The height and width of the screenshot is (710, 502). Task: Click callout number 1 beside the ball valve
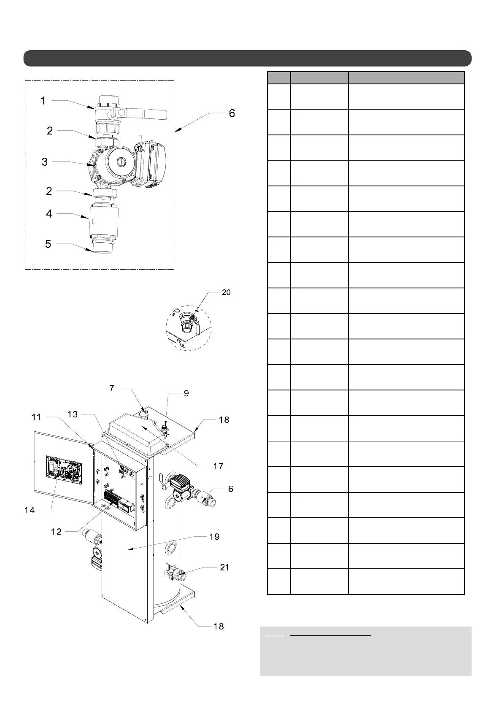click(x=43, y=101)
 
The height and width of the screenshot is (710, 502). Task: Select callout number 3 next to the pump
click(x=45, y=162)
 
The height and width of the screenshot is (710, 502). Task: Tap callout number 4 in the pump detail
click(x=49, y=214)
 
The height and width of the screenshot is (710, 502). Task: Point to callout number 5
click(x=48, y=244)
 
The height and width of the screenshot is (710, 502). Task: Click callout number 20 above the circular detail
click(x=226, y=292)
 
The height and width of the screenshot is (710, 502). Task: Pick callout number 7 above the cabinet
click(x=112, y=388)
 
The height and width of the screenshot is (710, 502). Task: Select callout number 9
click(x=186, y=393)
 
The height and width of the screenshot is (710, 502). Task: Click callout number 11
click(x=36, y=417)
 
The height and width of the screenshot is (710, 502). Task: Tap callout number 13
click(x=73, y=414)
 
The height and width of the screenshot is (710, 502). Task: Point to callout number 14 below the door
click(x=30, y=510)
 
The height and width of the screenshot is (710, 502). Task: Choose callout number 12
click(x=56, y=532)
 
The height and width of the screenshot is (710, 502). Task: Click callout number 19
click(x=214, y=537)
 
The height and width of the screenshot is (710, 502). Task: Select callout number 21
click(x=224, y=567)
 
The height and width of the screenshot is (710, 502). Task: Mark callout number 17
click(x=218, y=466)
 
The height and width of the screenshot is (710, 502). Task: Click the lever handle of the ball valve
click(x=148, y=113)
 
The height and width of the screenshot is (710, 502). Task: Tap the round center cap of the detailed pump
click(x=121, y=161)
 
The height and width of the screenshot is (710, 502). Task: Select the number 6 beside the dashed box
click(x=232, y=113)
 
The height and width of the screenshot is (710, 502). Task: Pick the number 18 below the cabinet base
click(x=219, y=626)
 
